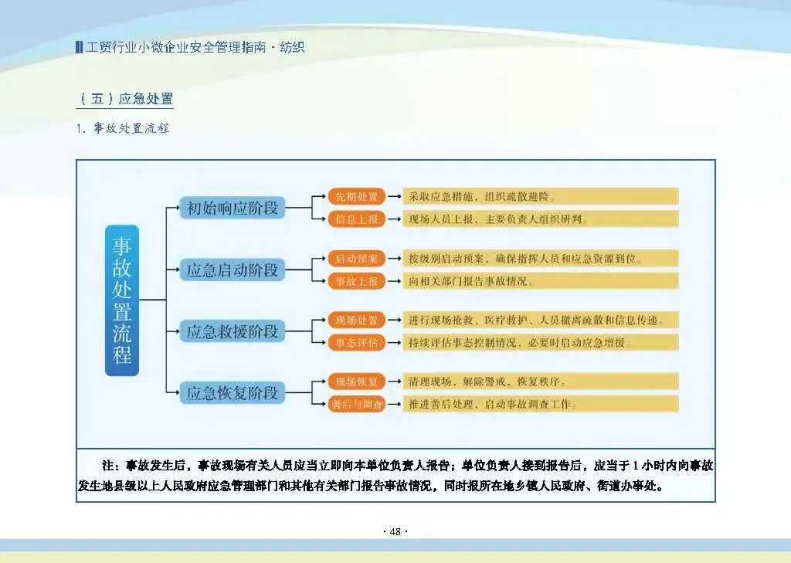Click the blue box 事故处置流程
tap(122, 300)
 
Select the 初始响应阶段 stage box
tap(232, 208)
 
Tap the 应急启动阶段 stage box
tap(232, 270)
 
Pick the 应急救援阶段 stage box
tap(232, 332)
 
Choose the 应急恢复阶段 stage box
tap(232, 393)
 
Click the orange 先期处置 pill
tap(356, 196)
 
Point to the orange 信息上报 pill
tap(356, 219)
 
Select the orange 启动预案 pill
tap(356, 258)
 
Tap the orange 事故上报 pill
tap(356, 281)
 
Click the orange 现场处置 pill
tap(356, 320)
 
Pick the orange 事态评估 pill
tap(356, 343)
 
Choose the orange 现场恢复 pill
tap(356, 382)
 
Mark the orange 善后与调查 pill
tap(356, 404)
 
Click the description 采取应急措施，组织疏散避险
tap(482, 196)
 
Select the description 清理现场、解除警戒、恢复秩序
tap(487, 382)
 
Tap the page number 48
tap(395, 531)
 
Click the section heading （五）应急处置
tap(125, 99)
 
